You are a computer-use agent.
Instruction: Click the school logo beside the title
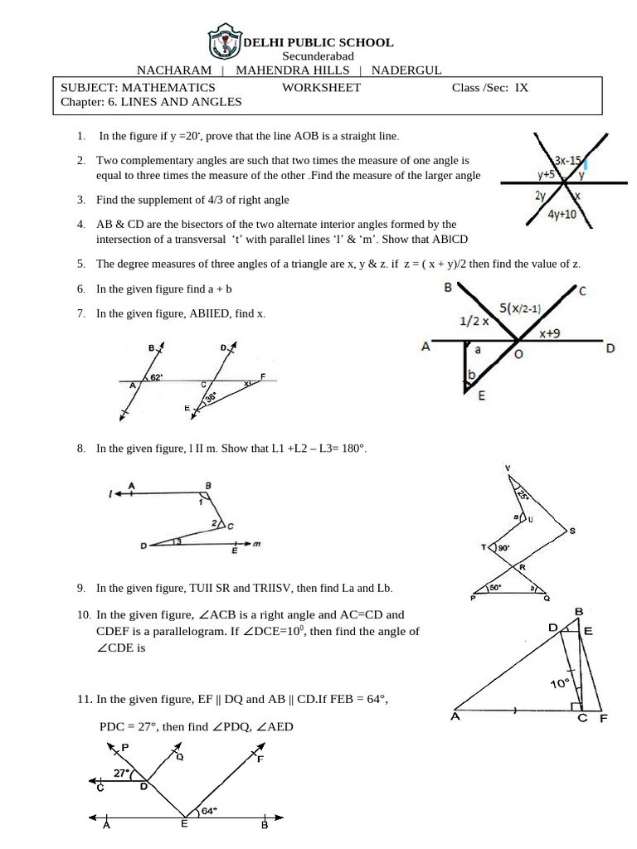tap(224, 41)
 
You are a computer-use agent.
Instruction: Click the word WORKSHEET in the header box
tap(321, 87)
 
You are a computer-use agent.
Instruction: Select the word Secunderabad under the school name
tap(318, 56)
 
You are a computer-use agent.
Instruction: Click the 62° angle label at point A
tap(156, 378)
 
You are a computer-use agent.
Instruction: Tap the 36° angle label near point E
tap(211, 399)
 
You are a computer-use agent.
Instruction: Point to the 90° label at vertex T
tap(503, 548)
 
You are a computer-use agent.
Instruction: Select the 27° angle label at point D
tap(123, 773)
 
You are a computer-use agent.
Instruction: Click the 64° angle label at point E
tap(209, 811)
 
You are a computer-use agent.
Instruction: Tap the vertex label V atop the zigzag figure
tap(508, 469)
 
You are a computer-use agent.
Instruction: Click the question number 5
tap(80, 264)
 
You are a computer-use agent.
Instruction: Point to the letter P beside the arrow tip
tap(125, 747)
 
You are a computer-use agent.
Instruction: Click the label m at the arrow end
tap(257, 544)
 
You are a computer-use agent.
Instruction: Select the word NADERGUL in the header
tap(406, 70)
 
